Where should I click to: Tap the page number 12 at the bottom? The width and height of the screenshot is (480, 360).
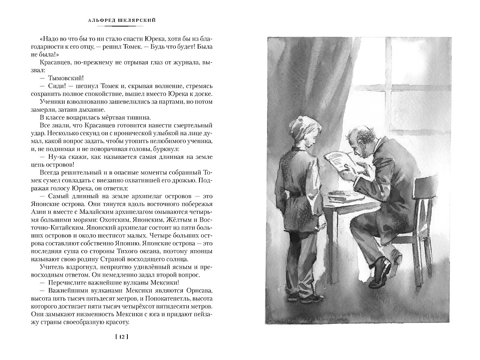[121, 336]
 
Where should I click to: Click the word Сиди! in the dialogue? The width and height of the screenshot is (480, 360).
[61, 86]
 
